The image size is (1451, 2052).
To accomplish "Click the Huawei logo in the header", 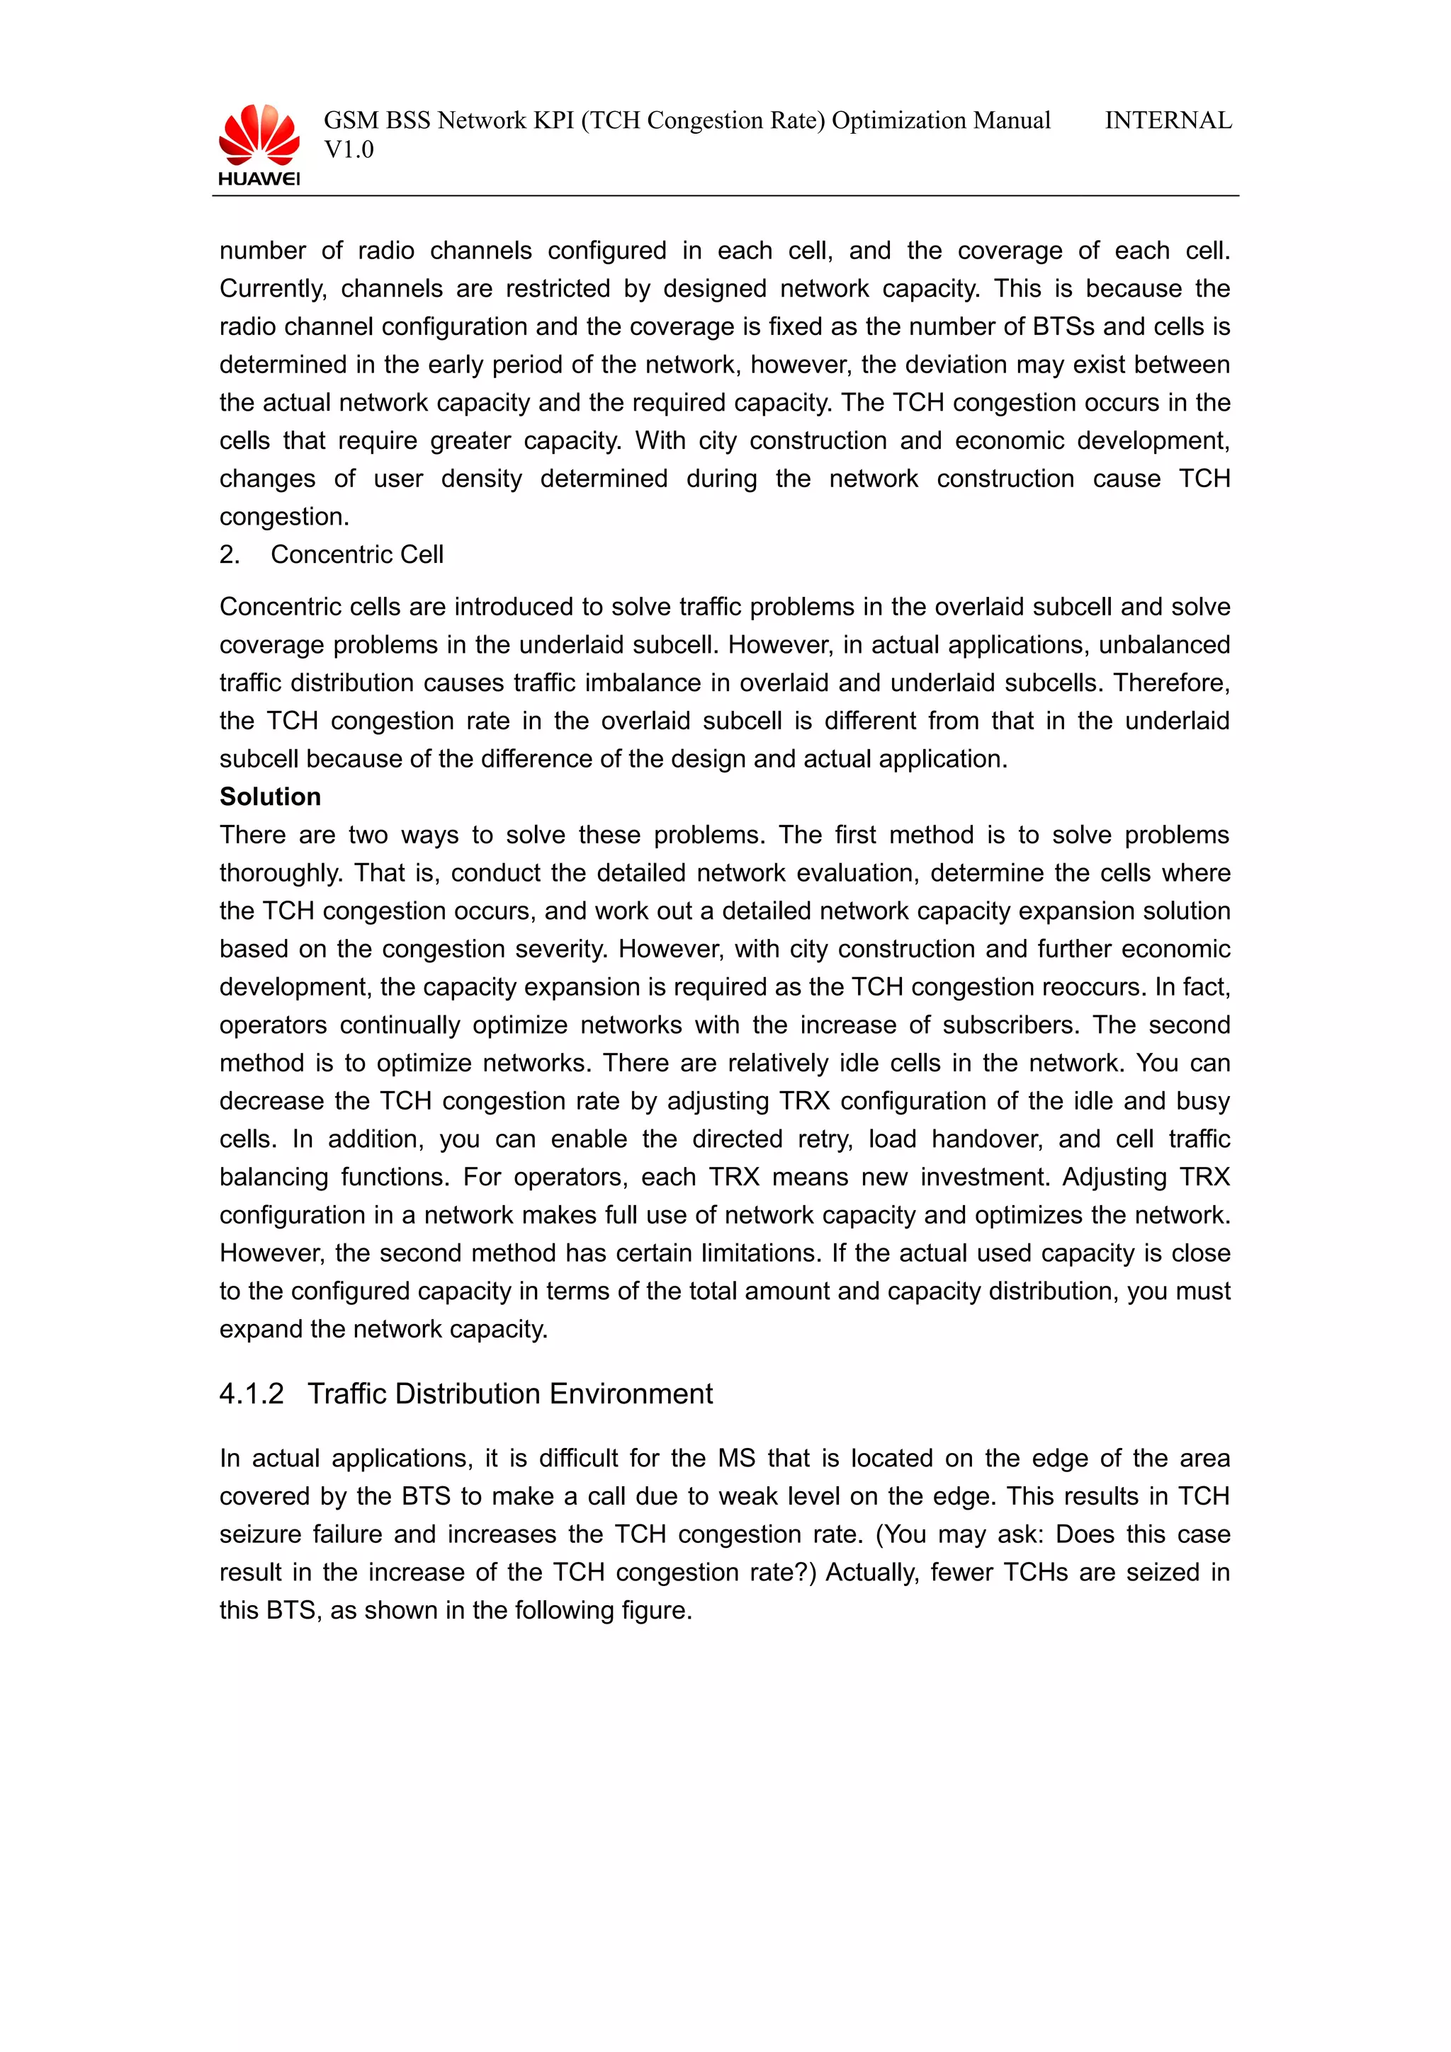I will point(259,144).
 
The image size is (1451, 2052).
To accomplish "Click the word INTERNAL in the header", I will point(1168,120).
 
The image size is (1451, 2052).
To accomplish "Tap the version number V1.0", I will point(349,150).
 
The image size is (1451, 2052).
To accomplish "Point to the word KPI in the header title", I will point(553,120).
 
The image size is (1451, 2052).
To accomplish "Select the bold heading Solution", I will point(270,797).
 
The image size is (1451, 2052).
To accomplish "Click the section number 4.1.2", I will point(252,1393).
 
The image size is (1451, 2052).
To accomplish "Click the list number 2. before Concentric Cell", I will point(230,555).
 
